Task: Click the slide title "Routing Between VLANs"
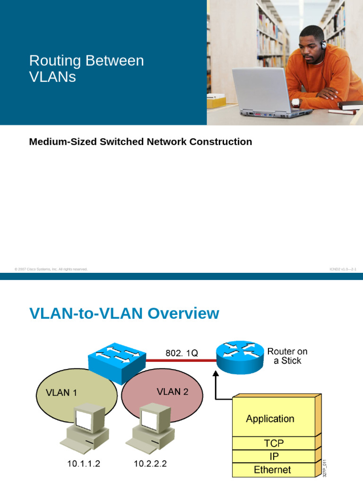pos(86,68)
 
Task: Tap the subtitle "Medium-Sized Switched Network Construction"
pos(140,142)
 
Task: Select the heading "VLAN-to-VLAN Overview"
pos(124,314)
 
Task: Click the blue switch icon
pos(117,359)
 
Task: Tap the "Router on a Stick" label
pos(287,356)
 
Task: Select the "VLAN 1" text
pos(61,393)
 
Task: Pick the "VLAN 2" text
pos(172,392)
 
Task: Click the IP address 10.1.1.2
pos(83,464)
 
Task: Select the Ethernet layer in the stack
pos(273,469)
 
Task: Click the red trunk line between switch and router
pos(180,360)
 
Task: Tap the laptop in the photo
pos(265,92)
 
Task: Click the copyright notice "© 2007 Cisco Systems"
pos(51,269)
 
